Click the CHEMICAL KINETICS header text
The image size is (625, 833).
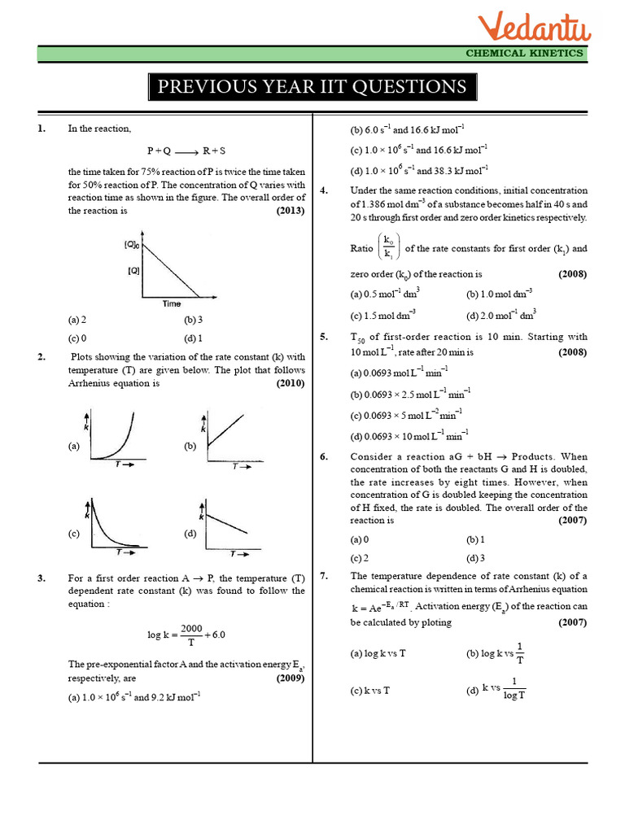click(524, 53)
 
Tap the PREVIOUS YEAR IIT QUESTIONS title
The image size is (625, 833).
click(312, 87)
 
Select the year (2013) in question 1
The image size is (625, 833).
click(290, 210)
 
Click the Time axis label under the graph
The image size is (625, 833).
click(171, 303)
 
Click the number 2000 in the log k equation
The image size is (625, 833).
click(191, 628)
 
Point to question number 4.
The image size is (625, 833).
click(324, 190)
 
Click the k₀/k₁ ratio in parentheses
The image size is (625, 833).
click(388, 248)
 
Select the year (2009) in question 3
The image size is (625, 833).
click(290, 677)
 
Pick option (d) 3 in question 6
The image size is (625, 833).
click(475, 558)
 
